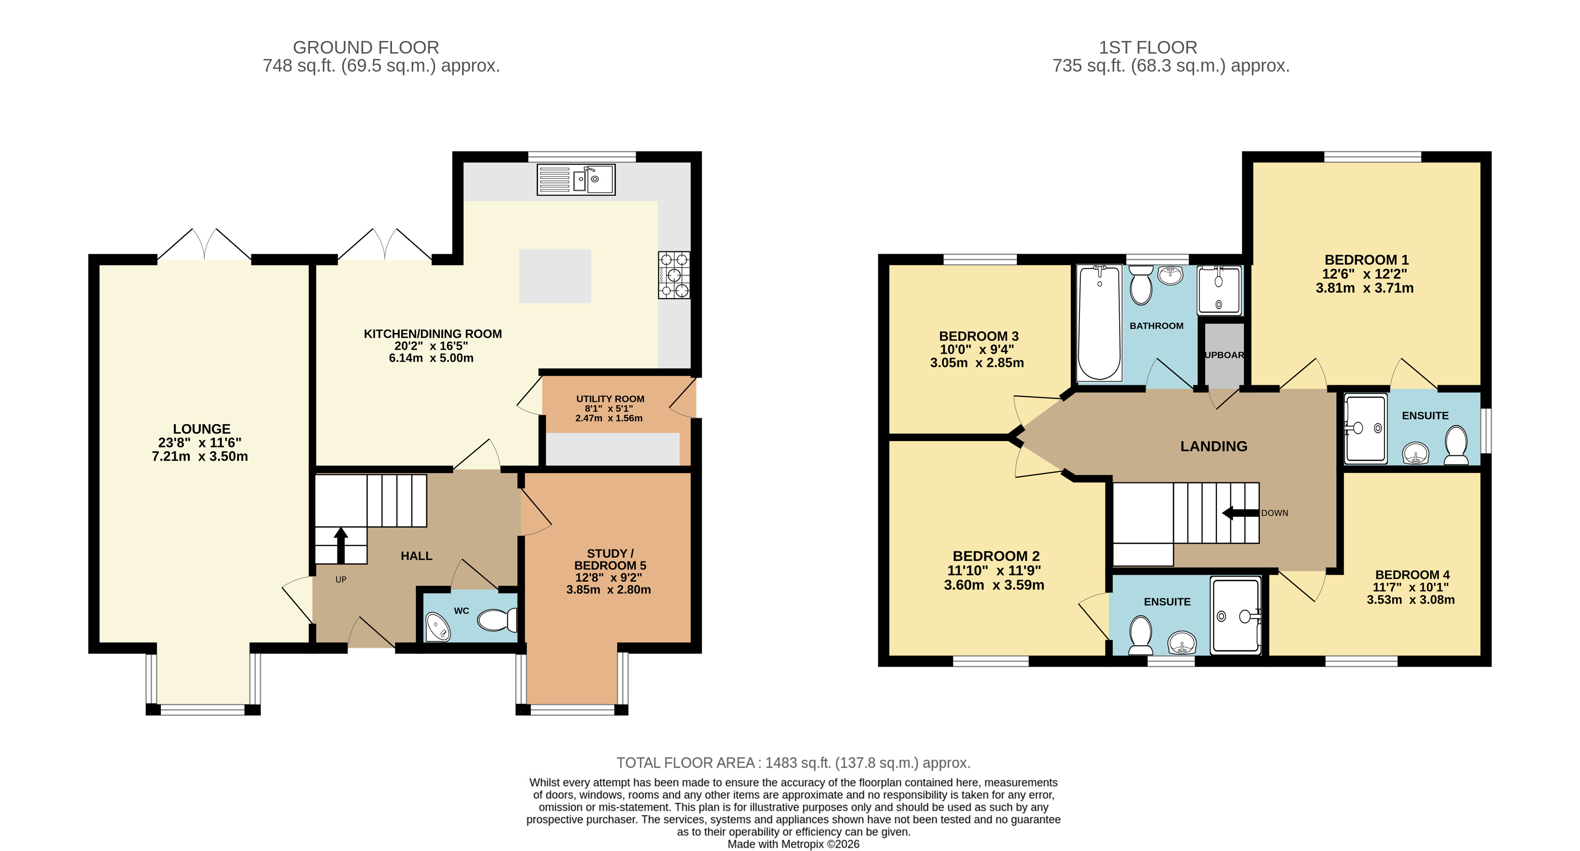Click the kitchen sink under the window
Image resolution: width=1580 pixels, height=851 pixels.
pyautogui.click(x=576, y=180)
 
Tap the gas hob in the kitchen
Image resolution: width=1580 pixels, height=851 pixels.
pyautogui.click(x=674, y=275)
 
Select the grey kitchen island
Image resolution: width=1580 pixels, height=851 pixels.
pyautogui.click(x=555, y=276)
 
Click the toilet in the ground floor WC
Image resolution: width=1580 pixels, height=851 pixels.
pyautogui.click(x=497, y=620)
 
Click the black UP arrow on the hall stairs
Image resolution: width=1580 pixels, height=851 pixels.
pyautogui.click(x=341, y=545)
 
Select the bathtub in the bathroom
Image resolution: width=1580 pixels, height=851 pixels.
pyautogui.click(x=1099, y=323)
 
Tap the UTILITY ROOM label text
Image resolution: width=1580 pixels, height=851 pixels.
pyautogui.click(x=610, y=399)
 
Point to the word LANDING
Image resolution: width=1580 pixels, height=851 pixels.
pyautogui.click(x=1214, y=446)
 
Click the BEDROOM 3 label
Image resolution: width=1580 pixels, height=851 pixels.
pyautogui.click(x=979, y=336)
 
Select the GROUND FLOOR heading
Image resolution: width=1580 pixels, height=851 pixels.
pyautogui.click(x=366, y=47)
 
